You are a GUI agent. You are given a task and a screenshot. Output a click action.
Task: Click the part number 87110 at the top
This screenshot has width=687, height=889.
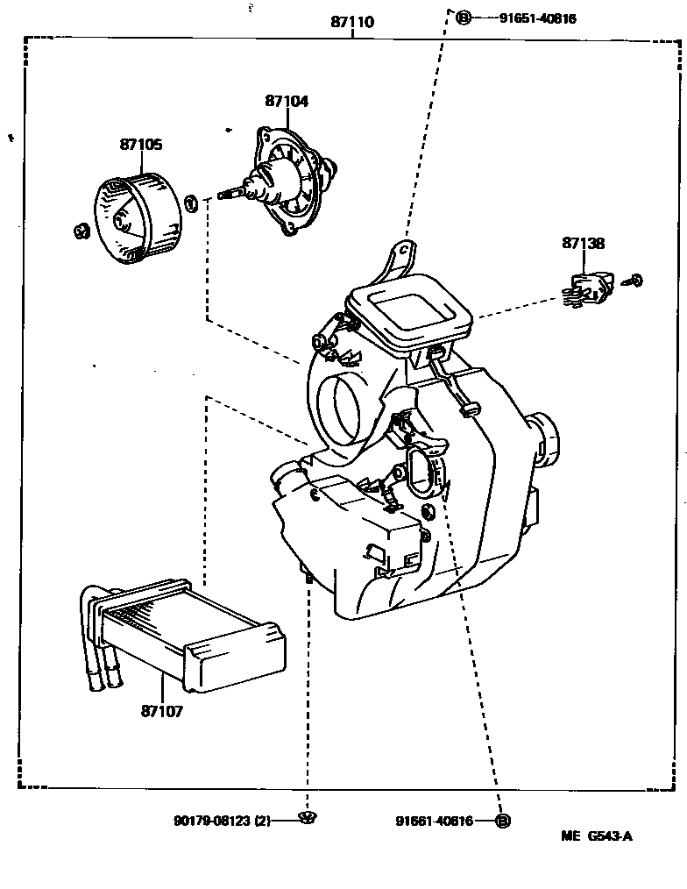(351, 22)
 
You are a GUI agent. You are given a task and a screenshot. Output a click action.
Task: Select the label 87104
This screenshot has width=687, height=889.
(287, 101)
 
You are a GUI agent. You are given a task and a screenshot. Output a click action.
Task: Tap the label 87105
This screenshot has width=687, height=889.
(141, 145)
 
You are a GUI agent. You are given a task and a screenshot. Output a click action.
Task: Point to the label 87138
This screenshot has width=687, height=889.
(583, 244)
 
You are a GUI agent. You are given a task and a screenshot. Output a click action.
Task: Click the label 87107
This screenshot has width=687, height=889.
(160, 711)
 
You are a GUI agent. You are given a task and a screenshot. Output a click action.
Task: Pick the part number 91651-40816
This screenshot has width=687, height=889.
(526, 18)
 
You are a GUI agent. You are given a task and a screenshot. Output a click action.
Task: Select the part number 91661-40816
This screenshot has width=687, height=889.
(434, 821)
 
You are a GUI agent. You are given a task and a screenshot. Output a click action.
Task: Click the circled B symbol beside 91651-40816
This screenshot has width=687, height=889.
(464, 18)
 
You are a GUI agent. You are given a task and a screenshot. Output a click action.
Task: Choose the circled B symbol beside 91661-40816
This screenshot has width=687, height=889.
(502, 821)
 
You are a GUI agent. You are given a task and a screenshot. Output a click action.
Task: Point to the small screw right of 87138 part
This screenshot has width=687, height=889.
(634, 281)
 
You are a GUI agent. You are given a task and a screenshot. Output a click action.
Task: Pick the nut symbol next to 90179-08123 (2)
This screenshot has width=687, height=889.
(307, 819)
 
